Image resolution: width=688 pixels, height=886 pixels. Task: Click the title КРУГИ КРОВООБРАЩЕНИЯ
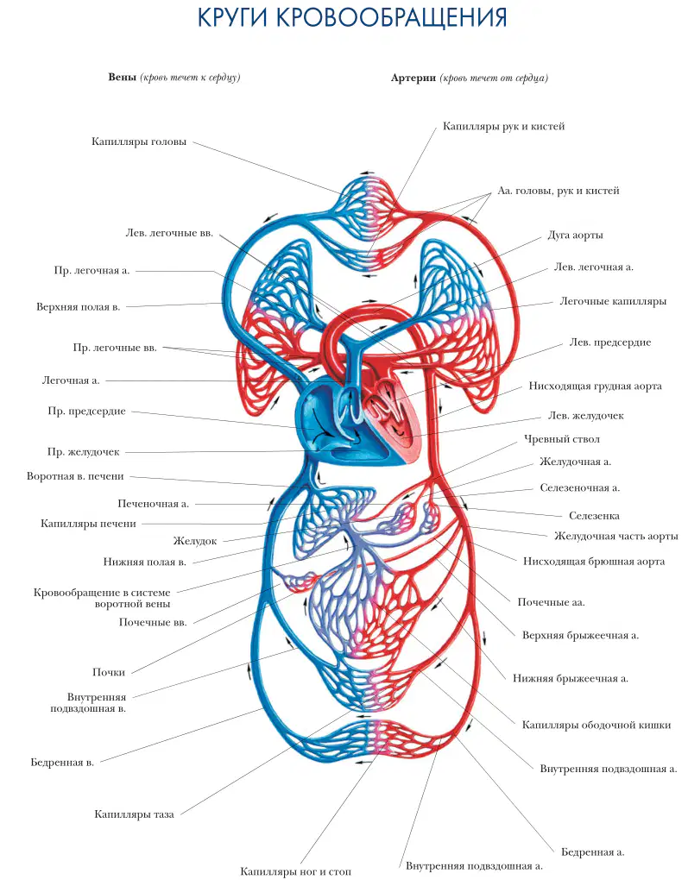(351, 17)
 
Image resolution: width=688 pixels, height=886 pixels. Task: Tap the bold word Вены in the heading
(122, 78)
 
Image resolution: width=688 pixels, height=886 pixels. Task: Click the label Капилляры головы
(139, 141)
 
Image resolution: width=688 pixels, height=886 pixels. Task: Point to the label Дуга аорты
(575, 235)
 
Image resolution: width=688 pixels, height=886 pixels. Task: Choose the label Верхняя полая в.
(79, 307)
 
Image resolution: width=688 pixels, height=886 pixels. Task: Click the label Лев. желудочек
(585, 416)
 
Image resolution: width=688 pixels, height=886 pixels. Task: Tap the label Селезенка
(594, 516)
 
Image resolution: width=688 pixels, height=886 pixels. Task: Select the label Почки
(109, 672)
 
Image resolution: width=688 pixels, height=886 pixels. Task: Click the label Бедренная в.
(62, 763)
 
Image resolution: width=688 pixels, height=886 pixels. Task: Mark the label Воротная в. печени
(75, 476)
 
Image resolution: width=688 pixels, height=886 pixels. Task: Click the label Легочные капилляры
(613, 302)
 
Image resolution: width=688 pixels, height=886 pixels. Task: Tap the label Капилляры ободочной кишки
(596, 725)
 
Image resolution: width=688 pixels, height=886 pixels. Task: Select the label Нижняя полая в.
(145, 562)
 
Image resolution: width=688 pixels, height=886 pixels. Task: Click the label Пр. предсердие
(86, 412)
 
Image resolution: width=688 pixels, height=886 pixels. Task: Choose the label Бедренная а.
(592, 852)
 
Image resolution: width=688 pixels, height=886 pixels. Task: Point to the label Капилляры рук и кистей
(504, 127)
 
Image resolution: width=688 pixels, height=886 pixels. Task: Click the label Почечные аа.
(552, 602)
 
